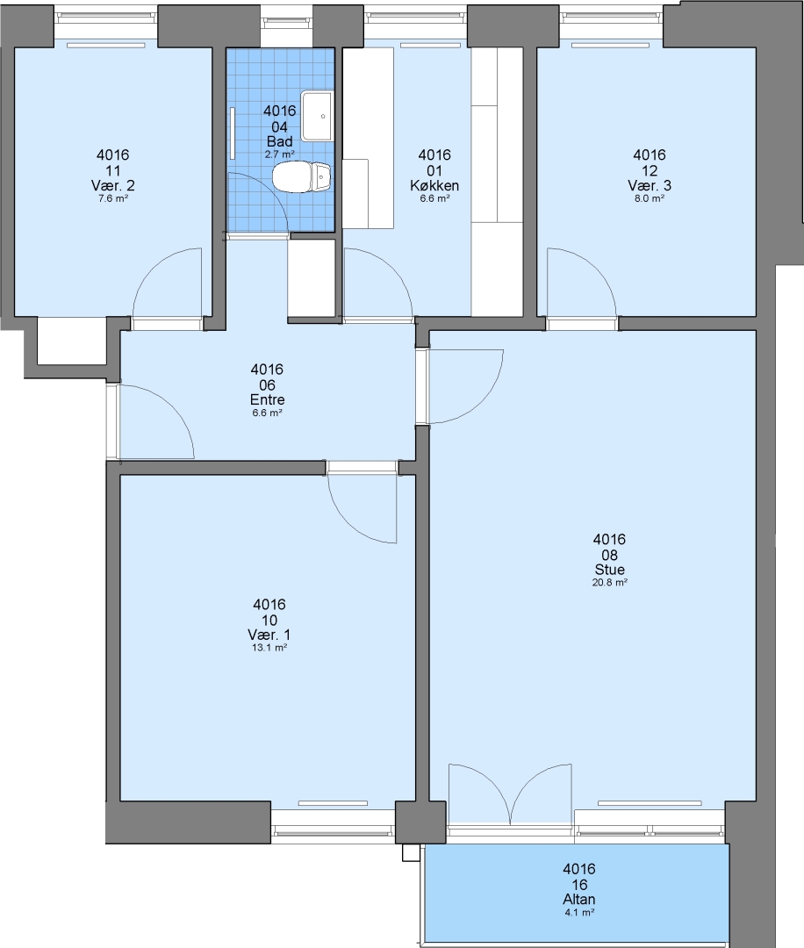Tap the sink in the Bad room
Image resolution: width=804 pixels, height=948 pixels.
point(317,116)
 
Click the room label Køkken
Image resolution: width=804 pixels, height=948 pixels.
point(434,185)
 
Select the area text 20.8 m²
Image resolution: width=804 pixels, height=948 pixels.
point(609,583)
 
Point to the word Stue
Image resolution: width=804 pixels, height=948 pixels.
point(609,570)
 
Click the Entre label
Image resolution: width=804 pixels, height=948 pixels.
point(267,399)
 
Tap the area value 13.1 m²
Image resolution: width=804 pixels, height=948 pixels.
point(269,648)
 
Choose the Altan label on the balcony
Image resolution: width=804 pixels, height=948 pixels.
point(579,899)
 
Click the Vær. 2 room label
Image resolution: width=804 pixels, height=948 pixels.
point(113,185)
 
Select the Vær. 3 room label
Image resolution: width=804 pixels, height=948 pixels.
point(650,185)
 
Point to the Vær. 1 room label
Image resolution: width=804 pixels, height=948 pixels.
point(269,635)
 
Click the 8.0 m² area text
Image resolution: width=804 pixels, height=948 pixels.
point(650,198)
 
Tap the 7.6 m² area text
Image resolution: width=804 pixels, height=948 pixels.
point(113,198)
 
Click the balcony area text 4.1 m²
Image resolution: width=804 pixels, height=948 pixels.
point(579,912)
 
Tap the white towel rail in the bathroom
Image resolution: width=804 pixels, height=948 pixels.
point(232,133)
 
